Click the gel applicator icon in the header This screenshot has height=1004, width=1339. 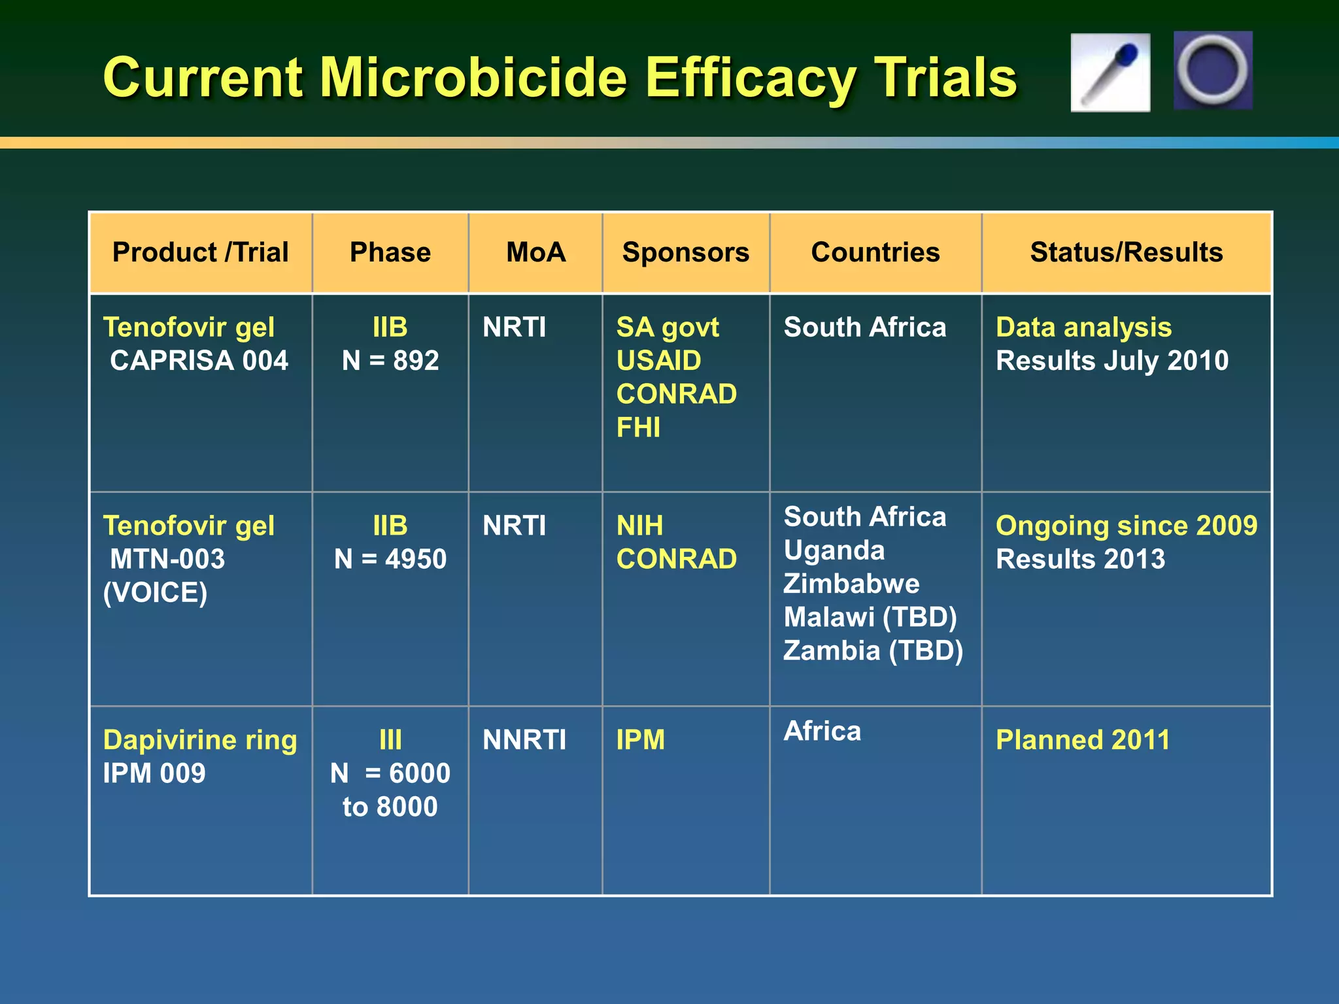[1110, 73]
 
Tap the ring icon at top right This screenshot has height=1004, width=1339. [1212, 70]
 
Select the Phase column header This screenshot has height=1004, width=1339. [390, 252]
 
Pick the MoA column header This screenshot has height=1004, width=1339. [535, 252]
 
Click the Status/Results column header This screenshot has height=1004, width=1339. [1126, 252]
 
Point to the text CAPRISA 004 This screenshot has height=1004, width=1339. [199, 361]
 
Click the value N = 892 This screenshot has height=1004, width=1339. [390, 361]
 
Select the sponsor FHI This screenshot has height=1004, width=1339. [638, 427]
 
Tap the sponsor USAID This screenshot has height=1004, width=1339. [658, 361]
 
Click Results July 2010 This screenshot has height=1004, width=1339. [1111, 361]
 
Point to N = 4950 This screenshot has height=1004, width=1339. [390, 560]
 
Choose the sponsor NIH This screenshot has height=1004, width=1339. [639, 526]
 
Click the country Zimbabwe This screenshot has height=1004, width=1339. [851, 584]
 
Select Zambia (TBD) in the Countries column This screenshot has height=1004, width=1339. [873, 651]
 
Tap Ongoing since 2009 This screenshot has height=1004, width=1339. [1126, 526]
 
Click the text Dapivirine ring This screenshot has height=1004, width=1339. [200, 740]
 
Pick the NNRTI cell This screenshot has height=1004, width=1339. [524, 740]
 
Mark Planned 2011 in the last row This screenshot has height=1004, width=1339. [1083, 740]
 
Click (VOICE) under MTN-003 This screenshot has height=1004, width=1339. [155, 593]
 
